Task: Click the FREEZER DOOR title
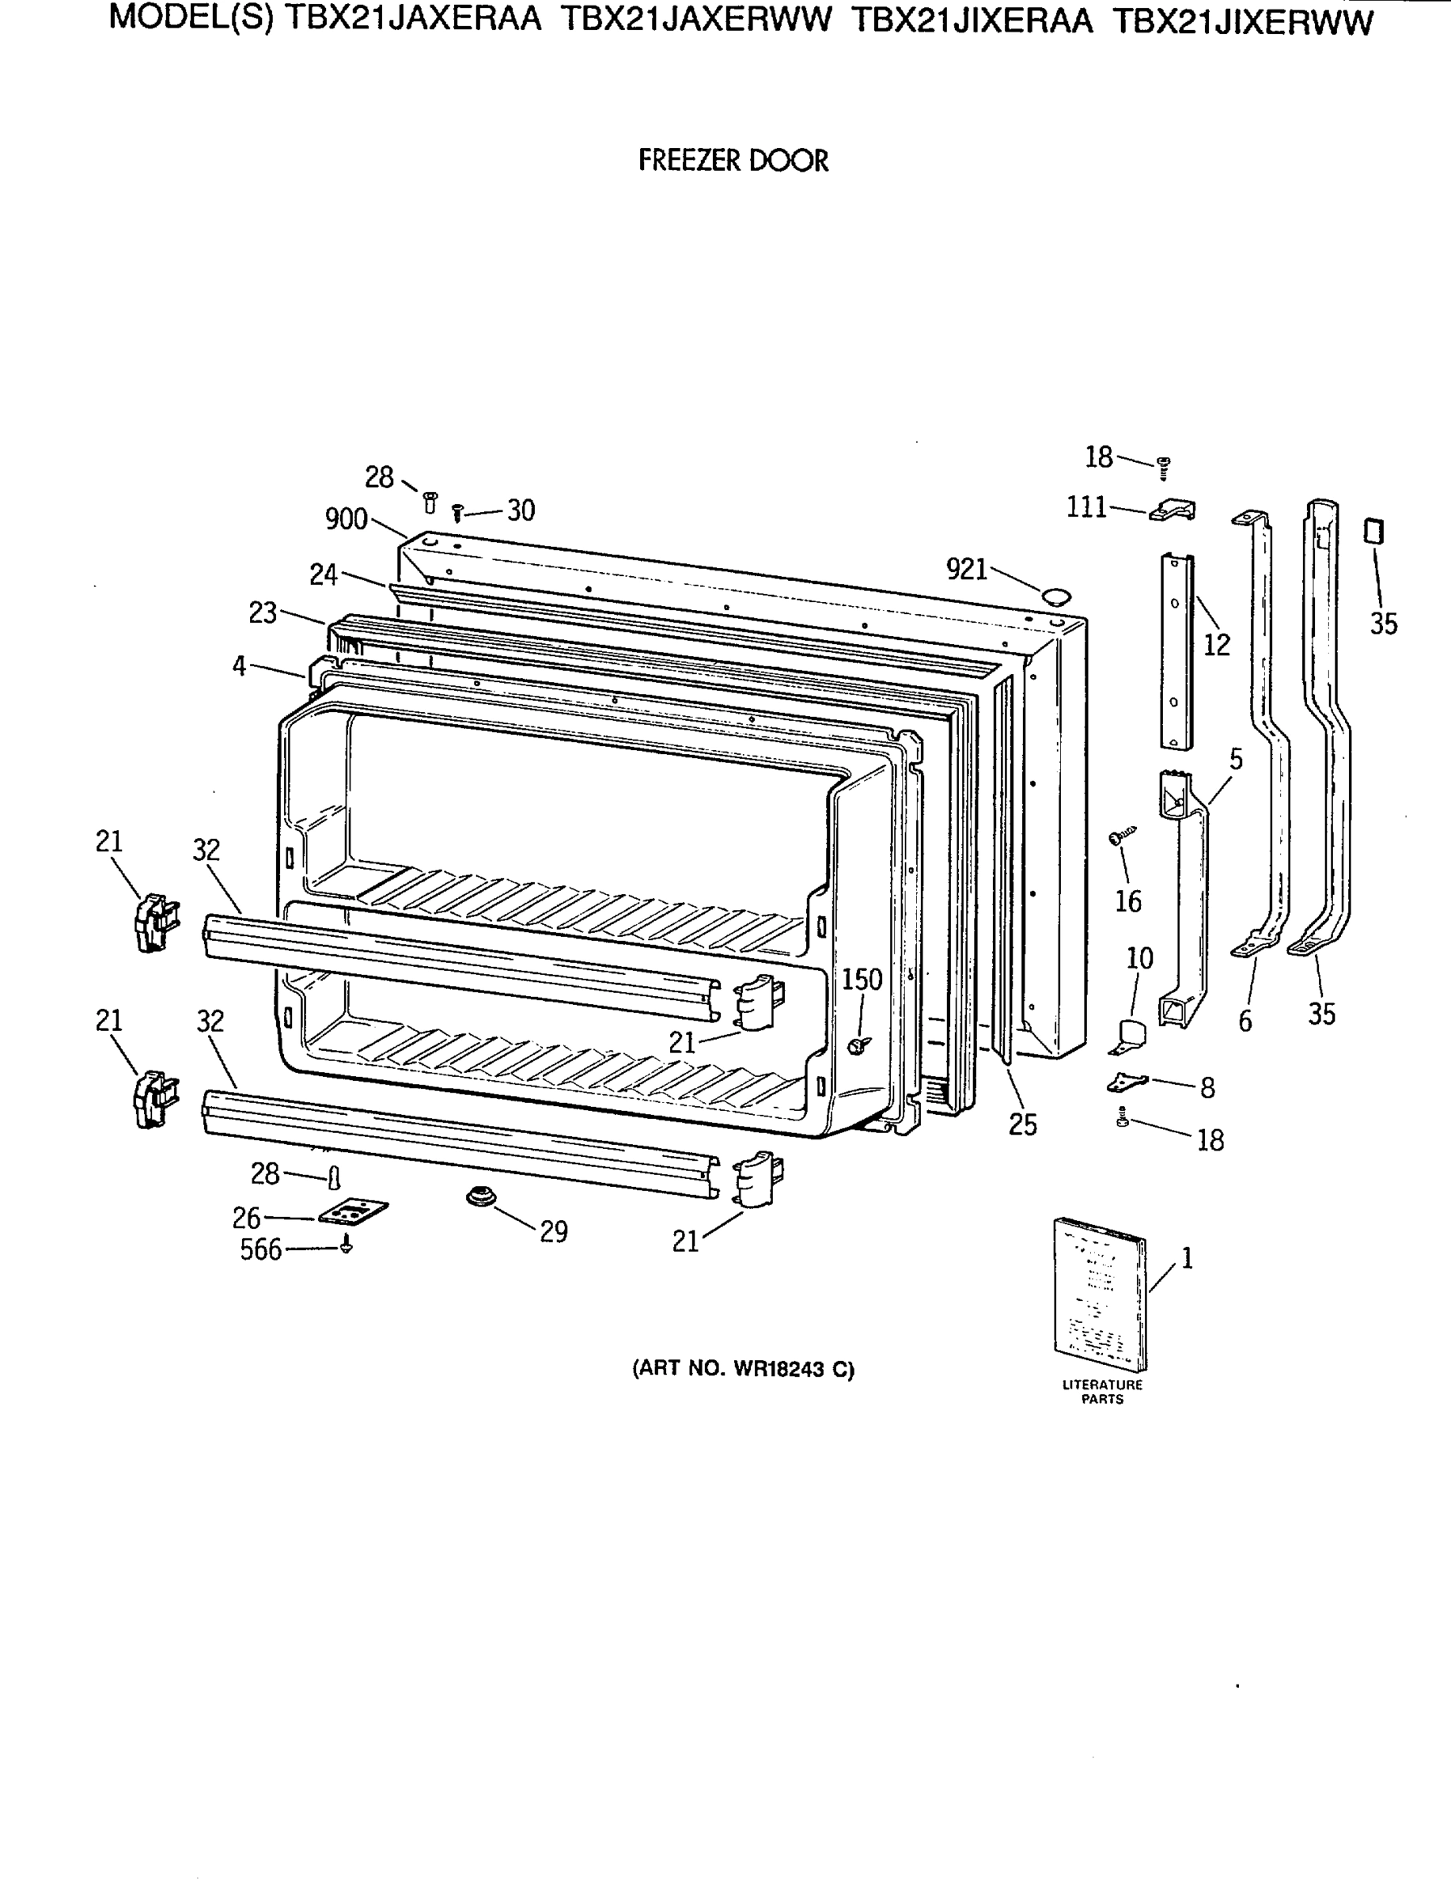tap(733, 161)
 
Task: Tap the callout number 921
tap(967, 569)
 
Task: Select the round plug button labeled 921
tap(1055, 596)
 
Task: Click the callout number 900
tap(347, 519)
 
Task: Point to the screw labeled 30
tap(459, 514)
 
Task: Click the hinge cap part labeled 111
tap(1173, 511)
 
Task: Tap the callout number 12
tap(1216, 644)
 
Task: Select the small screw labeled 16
tap(1121, 835)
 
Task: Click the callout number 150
tap(861, 980)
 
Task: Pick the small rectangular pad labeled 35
tap(1373, 531)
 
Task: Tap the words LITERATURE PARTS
tap(1102, 1391)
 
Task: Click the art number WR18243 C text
tap(743, 1369)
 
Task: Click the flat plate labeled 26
tap(352, 1211)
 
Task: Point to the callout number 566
tap(261, 1249)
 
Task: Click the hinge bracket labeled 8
tap(1127, 1080)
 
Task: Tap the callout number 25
tap(1023, 1124)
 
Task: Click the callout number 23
tap(263, 613)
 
